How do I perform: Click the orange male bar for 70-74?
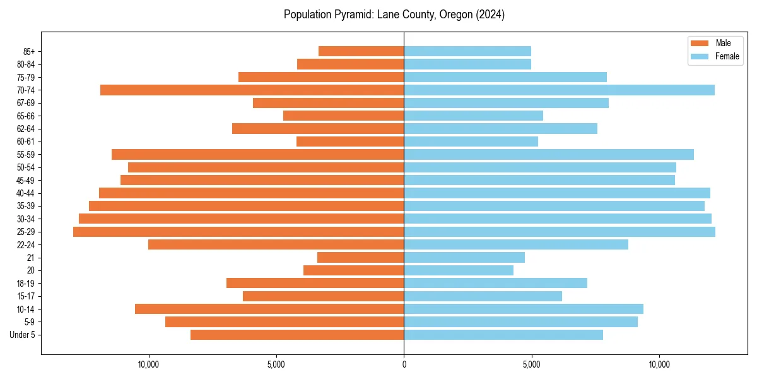click(x=252, y=90)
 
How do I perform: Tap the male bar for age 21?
click(x=360, y=258)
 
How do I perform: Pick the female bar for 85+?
click(x=467, y=51)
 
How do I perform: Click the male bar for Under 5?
click(x=297, y=335)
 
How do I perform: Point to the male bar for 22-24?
click(x=276, y=244)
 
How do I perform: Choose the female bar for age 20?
click(x=459, y=270)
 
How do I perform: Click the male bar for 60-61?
click(x=350, y=141)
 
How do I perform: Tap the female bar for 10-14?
click(x=524, y=309)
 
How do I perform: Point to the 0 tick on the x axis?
click(x=404, y=365)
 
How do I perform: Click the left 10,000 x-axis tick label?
click(x=149, y=365)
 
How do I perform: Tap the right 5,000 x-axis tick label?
click(x=532, y=365)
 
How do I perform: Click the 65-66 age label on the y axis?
click(x=26, y=116)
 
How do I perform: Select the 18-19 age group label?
click(x=26, y=284)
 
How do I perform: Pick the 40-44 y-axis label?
click(x=26, y=193)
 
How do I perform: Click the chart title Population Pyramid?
click(x=394, y=15)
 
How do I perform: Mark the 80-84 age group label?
click(x=26, y=64)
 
